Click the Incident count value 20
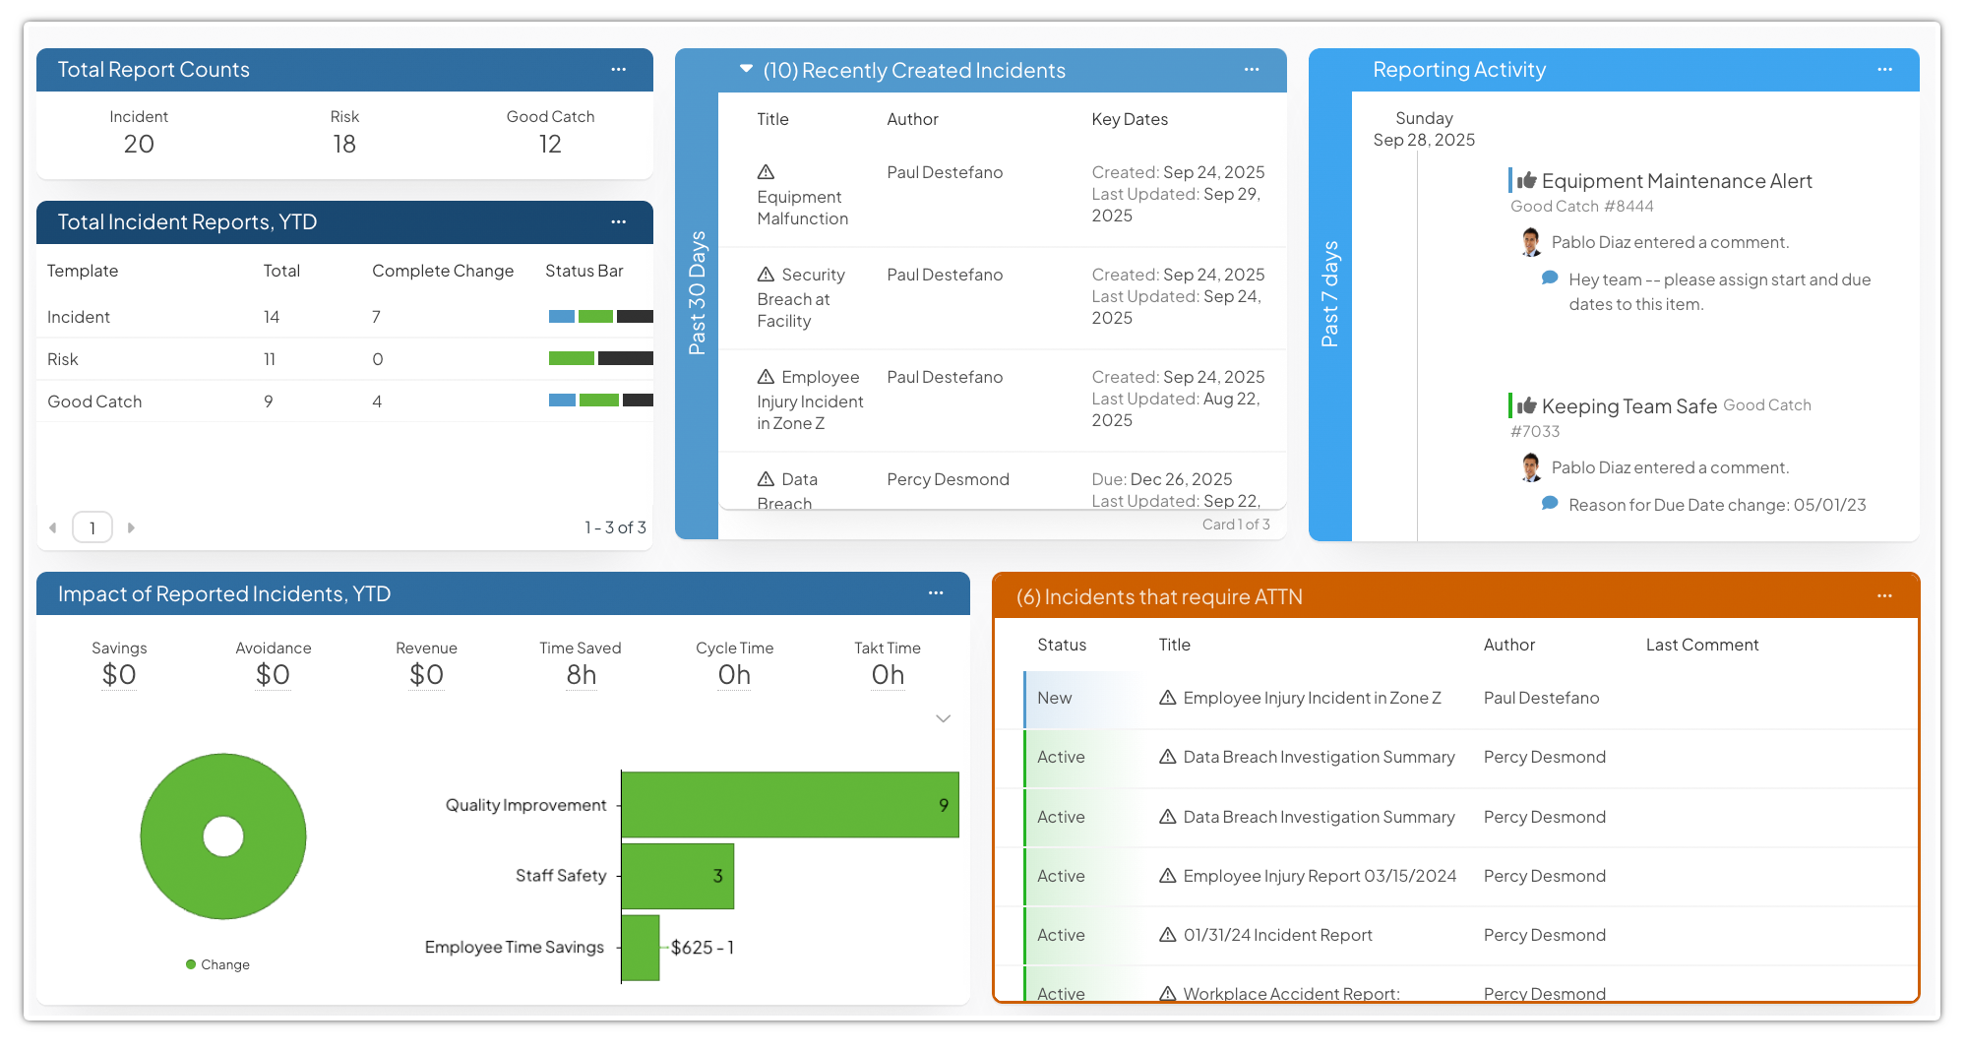pyautogui.click(x=139, y=145)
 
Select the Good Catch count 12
pyautogui.click(x=550, y=145)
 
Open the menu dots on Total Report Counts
pyautogui.click(x=618, y=70)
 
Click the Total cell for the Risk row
pyautogui.click(x=270, y=359)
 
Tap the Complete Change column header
pyautogui.click(x=443, y=271)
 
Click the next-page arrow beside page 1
pyautogui.click(x=131, y=527)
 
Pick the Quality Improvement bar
pyautogui.click(x=789, y=805)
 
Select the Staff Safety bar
pyautogui.click(x=677, y=876)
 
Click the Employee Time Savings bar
pyautogui.click(x=641, y=948)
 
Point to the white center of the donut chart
pyautogui.click(x=223, y=836)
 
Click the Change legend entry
pyautogui.click(x=218, y=964)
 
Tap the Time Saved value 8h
pyautogui.click(x=581, y=675)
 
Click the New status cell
pyautogui.click(x=1055, y=698)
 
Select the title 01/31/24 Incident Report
pyautogui.click(x=1277, y=935)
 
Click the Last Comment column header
pyautogui.click(x=1702, y=645)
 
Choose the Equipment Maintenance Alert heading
pyautogui.click(x=1676, y=181)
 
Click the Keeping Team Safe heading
pyautogui.click(x=1628, y=406)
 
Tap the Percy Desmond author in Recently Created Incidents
pyautogui.click(x=948, y=479)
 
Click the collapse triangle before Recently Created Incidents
pyautogui.click(x=746, y=69)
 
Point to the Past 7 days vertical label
pyautogui.click(x=1329, y=294)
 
